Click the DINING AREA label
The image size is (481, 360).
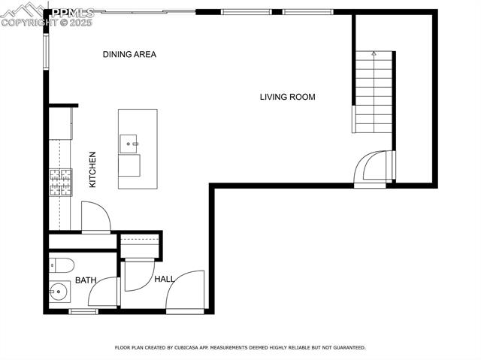[129, 55]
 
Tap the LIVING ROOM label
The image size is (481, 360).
[287, 97]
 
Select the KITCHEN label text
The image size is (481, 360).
[92, 170]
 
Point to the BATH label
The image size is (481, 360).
[86, 280]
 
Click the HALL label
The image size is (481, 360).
[165, 279]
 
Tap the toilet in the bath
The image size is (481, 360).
[62, 265]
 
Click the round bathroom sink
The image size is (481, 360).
[59, 292]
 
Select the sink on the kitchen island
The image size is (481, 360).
[129, 144]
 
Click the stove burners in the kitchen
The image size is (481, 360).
[61, 183]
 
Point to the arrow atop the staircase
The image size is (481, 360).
[374, 53]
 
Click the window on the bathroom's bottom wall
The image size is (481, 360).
[83, 312]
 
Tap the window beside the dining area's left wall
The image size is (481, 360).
[46, 52]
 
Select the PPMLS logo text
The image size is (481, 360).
[73, 13]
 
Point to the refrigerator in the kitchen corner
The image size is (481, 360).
[61, 123]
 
